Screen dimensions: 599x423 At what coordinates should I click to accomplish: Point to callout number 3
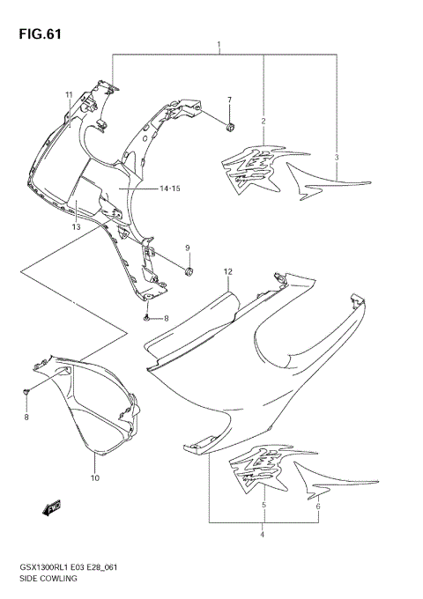click(x=337, y=157)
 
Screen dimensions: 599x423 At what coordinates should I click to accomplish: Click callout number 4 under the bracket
click(x=262, y=534)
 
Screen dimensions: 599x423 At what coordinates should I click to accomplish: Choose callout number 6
click(x=318, y=507)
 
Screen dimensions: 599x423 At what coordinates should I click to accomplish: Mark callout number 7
click(x=230, y=100)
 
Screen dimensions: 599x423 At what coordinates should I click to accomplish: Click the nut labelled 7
click(x=230, y=129)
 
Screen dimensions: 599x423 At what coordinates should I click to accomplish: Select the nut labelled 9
click(x=189, y=270)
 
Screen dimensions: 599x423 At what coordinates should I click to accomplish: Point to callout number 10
click(x=94, y=478)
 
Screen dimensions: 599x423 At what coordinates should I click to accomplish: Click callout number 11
click(x=67, y=94)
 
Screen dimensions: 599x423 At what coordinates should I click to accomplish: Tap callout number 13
click(x=77, y=227)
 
